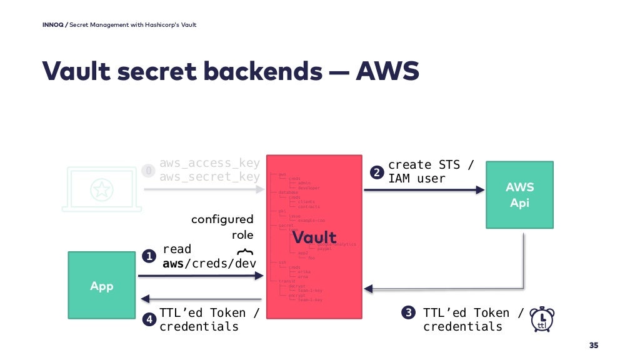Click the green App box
101,286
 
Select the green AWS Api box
519,194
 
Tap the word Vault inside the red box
314,237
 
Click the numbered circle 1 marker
149,256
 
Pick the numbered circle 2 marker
376,172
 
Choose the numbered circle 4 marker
149,319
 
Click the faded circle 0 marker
148,171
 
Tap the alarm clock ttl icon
541,319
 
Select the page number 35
593,346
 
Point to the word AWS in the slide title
387,71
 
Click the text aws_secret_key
209,177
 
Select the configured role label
222,227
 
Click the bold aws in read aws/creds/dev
172,263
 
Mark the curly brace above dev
246,251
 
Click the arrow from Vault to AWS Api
424,190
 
